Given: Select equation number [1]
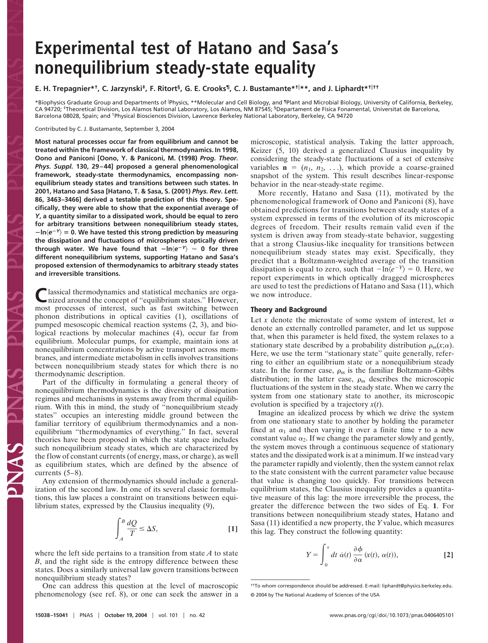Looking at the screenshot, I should pyautogui.click(x=233, y=529).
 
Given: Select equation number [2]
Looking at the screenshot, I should pyautogui.click(x=448, y=555).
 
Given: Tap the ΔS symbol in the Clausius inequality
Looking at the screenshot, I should pyautogui.click(x=152, y=529).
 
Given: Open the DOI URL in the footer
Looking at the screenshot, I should pyautogui.click(x=391, y=615).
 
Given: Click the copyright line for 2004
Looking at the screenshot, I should pyautogui.click(x=315, y=595).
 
